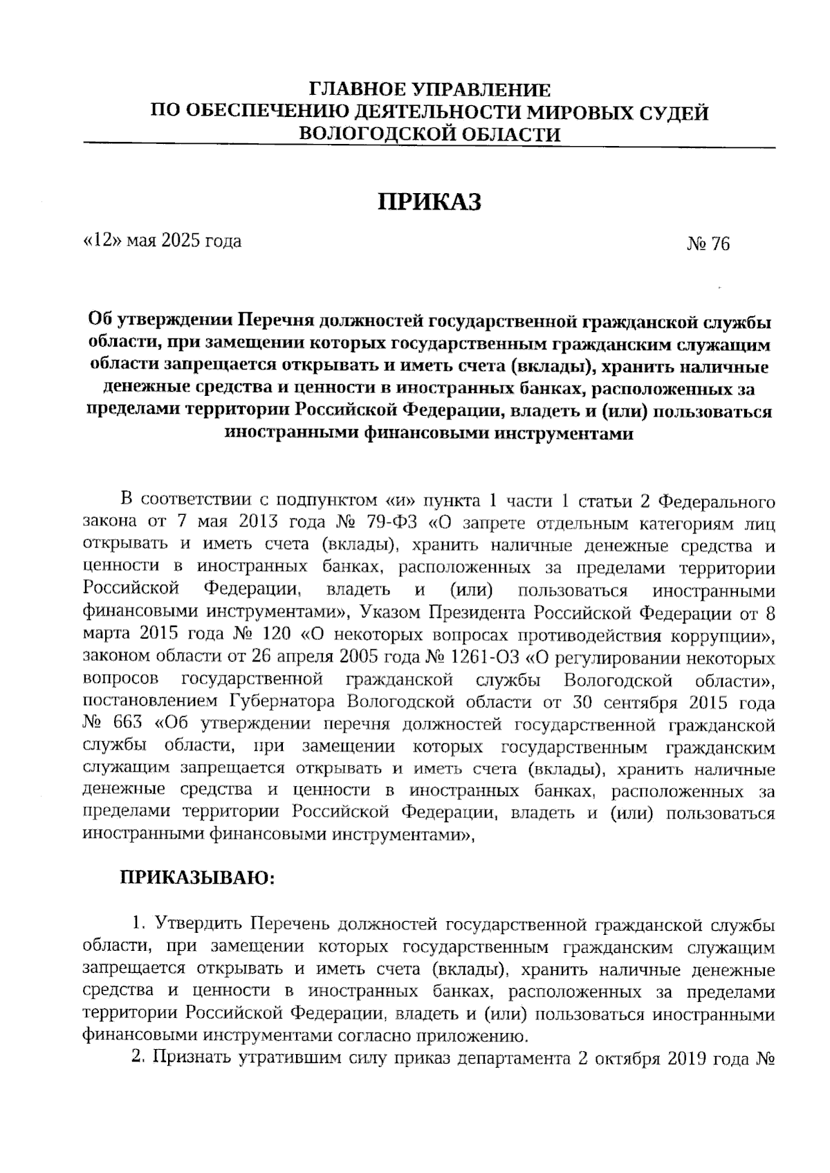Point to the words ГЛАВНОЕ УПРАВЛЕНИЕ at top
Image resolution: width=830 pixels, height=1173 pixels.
coord(429,90)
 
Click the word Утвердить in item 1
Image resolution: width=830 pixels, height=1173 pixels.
coord(199,925)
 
